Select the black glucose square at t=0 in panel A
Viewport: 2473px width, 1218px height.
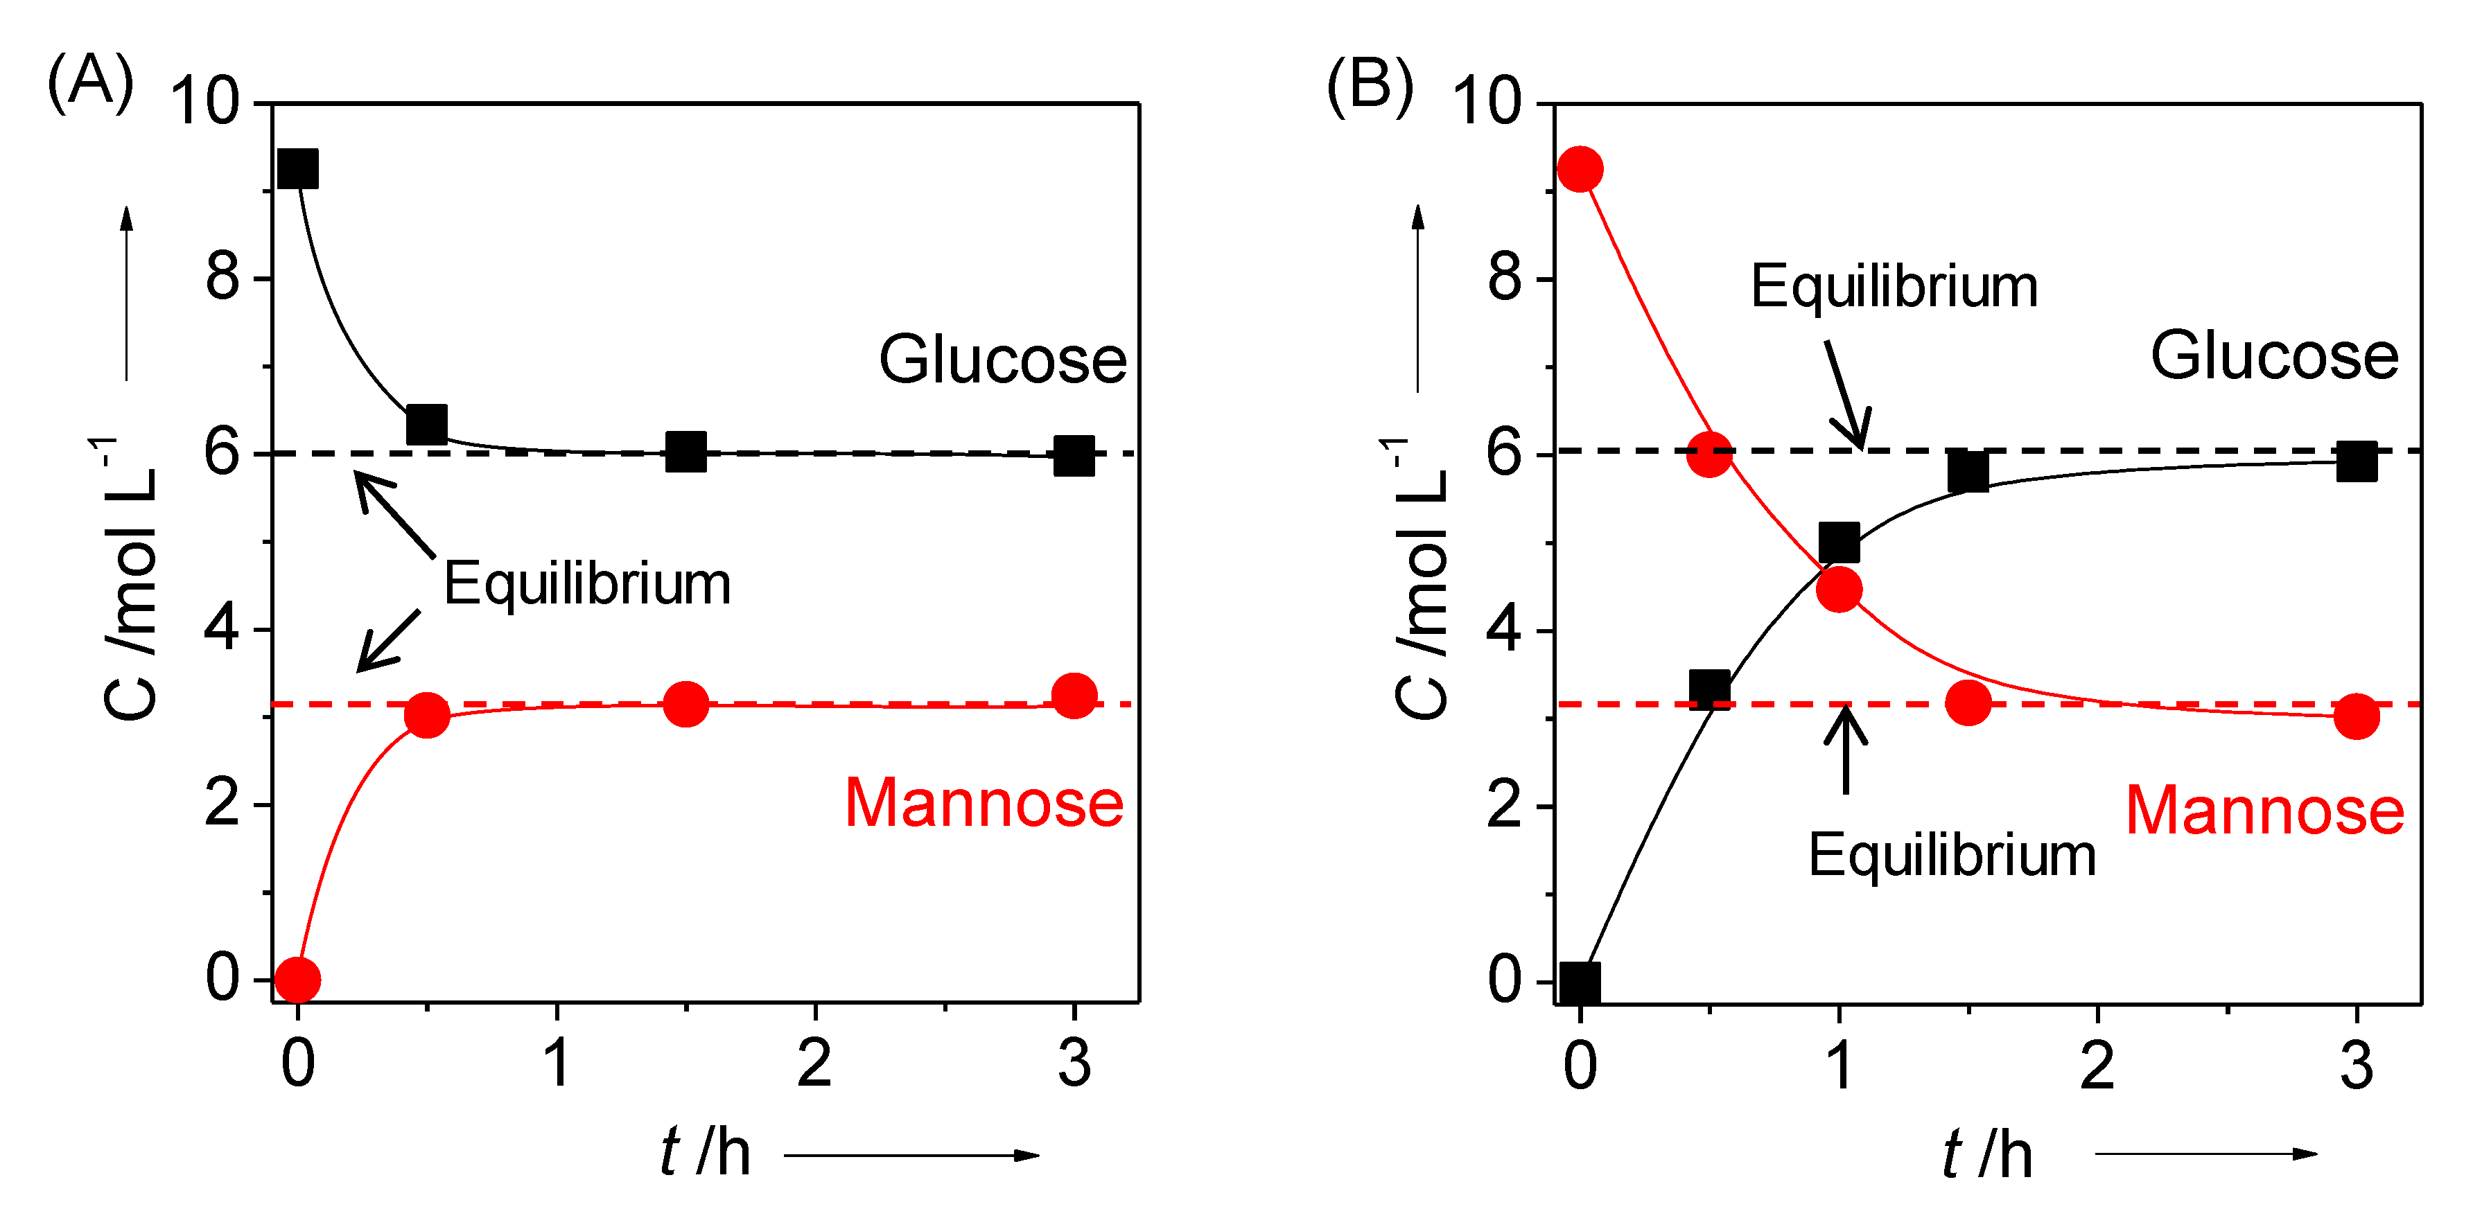297,169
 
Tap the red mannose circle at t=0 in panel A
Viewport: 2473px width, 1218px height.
297,980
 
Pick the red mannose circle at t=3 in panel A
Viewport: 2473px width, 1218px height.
1074,695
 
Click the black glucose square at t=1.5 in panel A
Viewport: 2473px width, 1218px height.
685,451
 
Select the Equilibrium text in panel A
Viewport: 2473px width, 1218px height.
586,583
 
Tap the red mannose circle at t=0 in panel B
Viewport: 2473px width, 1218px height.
1580,169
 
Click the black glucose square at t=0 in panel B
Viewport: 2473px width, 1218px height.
1580,982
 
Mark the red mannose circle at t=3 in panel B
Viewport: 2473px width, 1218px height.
2357,716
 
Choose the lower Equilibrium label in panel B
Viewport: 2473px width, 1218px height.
1952,854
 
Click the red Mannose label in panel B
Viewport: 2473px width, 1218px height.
2264,811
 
